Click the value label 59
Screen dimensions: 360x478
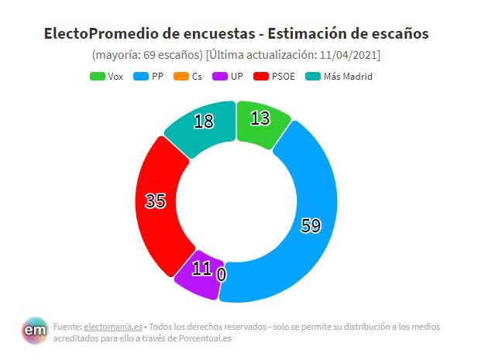coord(310,226)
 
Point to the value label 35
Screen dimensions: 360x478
coord(156,201)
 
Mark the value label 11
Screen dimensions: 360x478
coord(202,269)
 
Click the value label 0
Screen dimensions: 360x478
coord(222,273)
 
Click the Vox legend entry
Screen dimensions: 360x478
coord(108,77)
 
